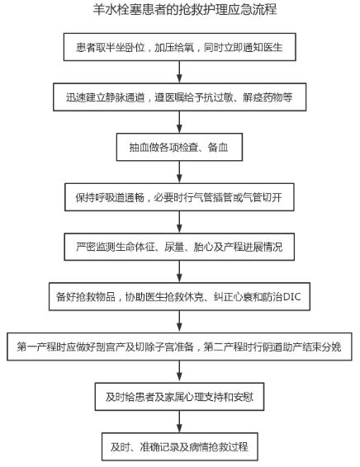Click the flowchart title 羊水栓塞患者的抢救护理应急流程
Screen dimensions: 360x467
point(185,10)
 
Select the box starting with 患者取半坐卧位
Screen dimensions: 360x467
point(180,47)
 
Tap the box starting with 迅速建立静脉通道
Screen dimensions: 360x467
point(180,97)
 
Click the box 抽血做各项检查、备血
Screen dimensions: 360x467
point(179,147)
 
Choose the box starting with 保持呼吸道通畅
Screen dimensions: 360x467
point(179,197)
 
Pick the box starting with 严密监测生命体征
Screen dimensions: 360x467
point(179,247)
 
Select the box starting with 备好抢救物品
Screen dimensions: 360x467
point(179,297)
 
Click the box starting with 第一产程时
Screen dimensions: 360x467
point(179,347)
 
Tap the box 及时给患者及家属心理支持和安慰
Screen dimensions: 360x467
point(179,397)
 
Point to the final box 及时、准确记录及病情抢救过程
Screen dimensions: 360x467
point(180,446)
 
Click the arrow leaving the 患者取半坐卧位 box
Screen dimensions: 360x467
point(179,72)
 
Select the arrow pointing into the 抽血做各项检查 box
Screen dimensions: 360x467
point(179,122)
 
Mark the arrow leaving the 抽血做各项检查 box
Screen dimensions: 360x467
point(179,172)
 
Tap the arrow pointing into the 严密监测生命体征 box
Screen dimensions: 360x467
point(179,222)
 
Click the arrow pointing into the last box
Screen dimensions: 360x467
point(179,422)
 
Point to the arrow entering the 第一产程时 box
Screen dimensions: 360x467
point(179,322)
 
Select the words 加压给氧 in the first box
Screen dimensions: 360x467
point(174,47)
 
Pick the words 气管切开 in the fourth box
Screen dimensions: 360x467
point(263,197)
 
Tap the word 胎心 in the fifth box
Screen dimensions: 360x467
point(203,248)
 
